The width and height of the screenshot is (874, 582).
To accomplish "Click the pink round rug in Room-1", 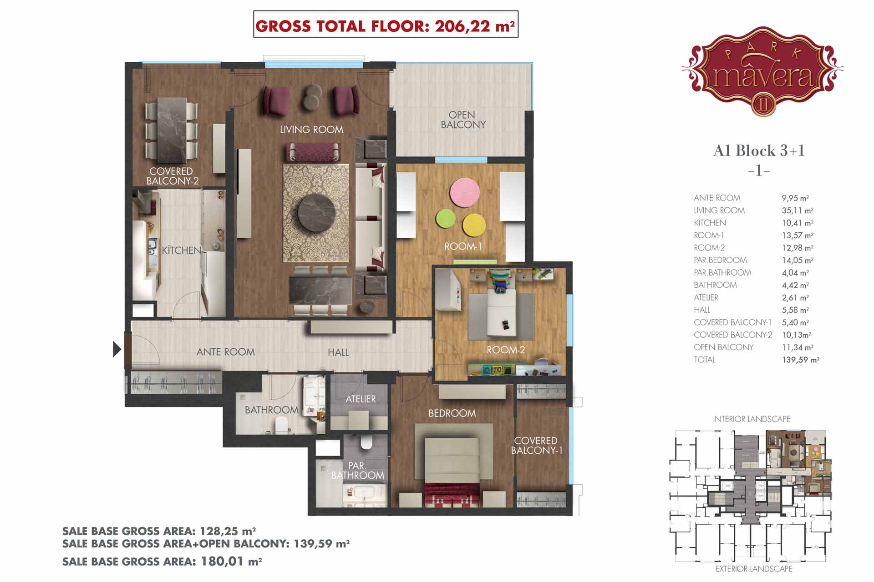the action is [x=464, y=192].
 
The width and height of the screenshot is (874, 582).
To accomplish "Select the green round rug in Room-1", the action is [x=446, y=219].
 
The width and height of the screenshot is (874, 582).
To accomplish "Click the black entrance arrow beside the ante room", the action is [x=117, y=349].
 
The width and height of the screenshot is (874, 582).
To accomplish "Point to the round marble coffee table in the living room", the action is [x=316, y=213].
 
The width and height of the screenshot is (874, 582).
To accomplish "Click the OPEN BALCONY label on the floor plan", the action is [x=463, y=120].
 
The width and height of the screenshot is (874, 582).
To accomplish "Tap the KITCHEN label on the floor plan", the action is [x=181, y=250].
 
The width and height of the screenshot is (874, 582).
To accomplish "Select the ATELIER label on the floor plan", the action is [x=361, y=399].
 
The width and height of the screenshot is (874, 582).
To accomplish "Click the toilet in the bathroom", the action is [x=282, y=426].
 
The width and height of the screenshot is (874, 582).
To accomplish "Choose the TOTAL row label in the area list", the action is [x=704, y=360].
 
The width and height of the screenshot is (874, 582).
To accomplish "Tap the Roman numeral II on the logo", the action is [x=763, y=105].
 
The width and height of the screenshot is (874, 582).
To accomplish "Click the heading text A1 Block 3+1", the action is [x=759, y=151].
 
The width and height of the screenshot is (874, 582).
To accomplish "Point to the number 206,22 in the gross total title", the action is [x=462, y=26].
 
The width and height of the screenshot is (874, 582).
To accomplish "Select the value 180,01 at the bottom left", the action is [x=222, y=561].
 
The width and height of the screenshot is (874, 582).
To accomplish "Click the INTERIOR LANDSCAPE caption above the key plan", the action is [x=752, y=419].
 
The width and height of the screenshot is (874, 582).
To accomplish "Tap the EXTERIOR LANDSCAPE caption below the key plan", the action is [x=754, y=569].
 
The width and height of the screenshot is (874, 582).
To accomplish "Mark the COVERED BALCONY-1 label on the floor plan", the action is [x=536, y=446].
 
